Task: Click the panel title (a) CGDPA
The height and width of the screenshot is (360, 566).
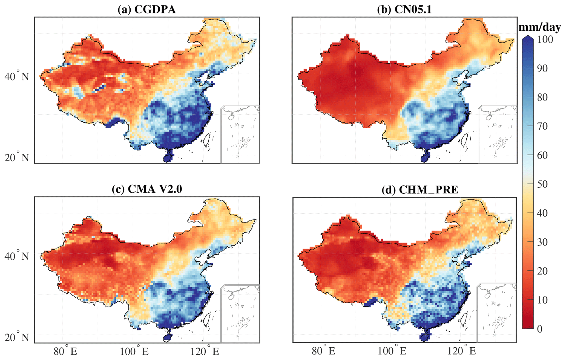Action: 146,10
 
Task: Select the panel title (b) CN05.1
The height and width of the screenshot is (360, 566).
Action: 404,10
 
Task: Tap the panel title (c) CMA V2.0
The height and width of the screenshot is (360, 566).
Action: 147,189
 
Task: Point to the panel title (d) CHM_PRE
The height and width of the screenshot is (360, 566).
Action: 420,190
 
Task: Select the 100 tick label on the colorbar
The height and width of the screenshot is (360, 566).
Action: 545,39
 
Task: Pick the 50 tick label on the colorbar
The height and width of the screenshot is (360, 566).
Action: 542,184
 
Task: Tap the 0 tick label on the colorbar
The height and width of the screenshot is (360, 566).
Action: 540,329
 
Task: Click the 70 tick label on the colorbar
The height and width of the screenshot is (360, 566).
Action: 542,126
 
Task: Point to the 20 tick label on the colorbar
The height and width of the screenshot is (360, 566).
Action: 542,271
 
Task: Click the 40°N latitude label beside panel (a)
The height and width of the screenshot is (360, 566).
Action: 16,76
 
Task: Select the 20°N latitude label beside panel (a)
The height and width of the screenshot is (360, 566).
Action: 16,158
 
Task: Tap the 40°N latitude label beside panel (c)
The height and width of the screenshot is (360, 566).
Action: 16,256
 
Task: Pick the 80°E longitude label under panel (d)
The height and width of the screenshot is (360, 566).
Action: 323,351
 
